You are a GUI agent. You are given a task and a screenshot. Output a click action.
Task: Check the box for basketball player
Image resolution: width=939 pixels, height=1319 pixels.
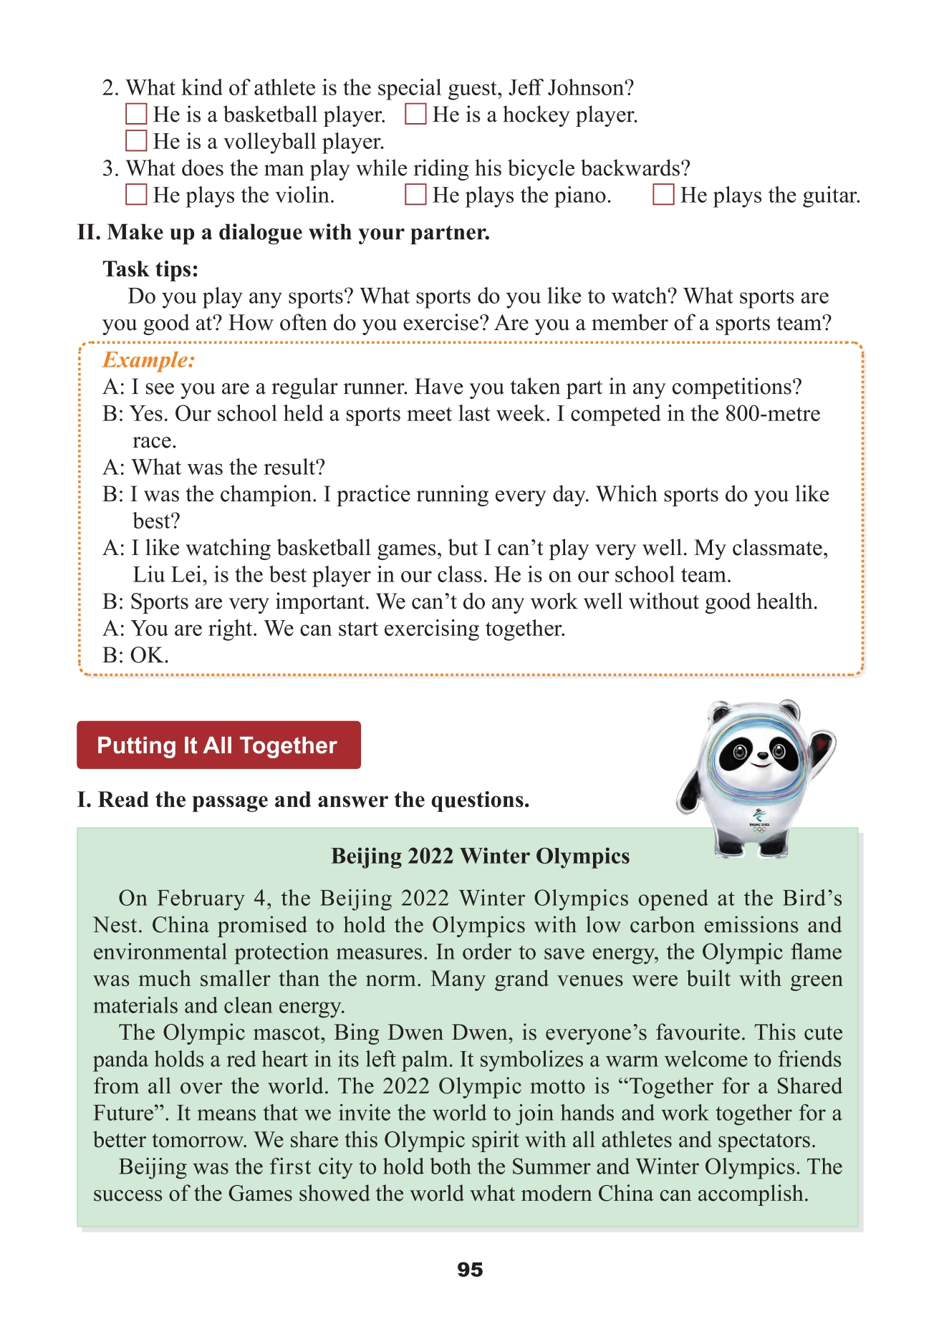pyautogui.click(x=136, y=115)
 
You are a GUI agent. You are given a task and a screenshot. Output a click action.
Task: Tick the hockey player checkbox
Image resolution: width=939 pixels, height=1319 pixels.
pyautogui.click(x=415, y=115)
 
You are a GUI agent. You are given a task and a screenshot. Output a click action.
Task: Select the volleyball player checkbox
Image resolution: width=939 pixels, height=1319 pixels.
pyautogui.click(x=136, y=141)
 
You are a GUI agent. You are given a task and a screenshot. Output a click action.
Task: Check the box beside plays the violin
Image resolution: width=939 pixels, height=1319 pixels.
pyautogui.click(x=136, y=195)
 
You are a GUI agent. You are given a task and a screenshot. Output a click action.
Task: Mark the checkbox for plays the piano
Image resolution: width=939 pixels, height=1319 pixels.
pyautogui.click(x=415, y=195)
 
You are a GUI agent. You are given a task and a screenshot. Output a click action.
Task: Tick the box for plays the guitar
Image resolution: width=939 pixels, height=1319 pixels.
pyautogui.click(x=663, y=195)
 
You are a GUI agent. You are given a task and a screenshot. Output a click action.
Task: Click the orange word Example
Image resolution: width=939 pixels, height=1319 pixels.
pyautogui.click(x=148, y=360)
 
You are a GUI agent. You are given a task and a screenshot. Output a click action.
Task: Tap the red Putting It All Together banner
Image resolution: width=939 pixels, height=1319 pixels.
pyautogui.click(x=218, y=745)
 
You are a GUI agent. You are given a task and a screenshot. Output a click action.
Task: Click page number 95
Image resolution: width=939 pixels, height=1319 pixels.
pyautogui.click(x=470, y=1270)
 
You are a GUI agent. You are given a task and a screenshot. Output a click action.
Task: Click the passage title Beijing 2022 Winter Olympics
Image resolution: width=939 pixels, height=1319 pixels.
pyautogui.click(x=480, y=856)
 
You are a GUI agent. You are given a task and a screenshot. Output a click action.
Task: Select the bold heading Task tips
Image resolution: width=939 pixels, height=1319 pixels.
pyautogui.click(x=150, y=269)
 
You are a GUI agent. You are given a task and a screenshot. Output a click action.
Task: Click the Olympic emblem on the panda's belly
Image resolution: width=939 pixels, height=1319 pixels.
pyautogui.click(x=759, y=818)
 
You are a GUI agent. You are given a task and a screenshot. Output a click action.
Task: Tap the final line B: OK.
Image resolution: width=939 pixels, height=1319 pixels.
pyautogui.click(x=135, y=656)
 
